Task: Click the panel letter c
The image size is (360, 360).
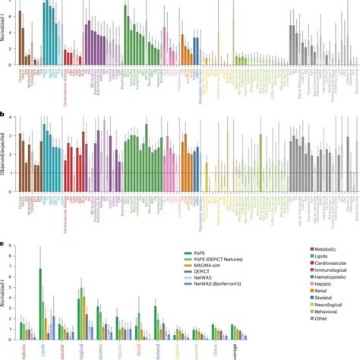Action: coord(3,223)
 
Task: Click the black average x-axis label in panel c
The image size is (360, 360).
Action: coord(240,352)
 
